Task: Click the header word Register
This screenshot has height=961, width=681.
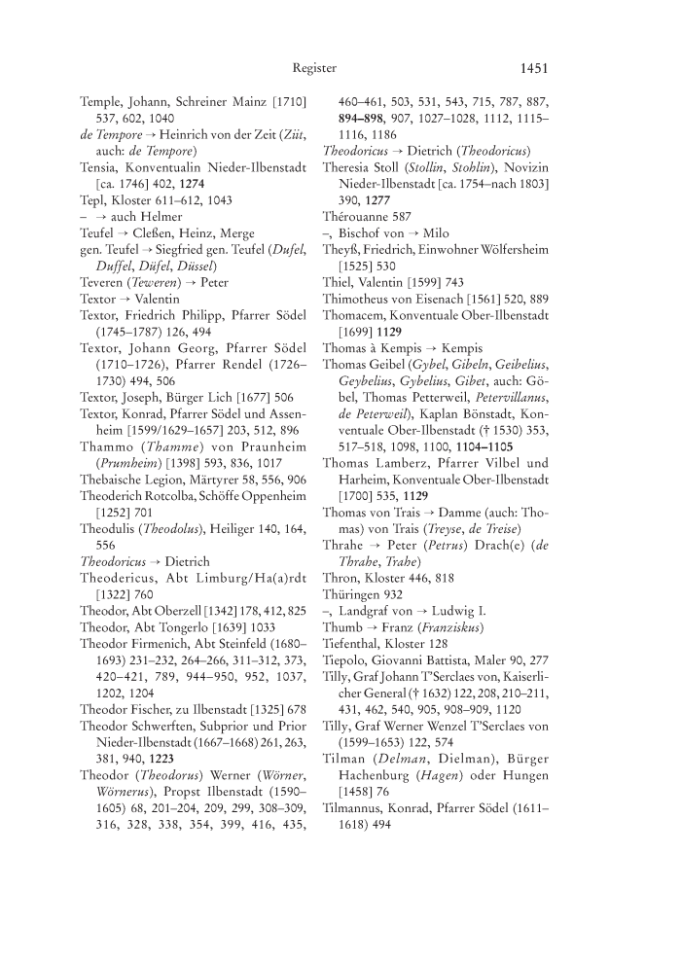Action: click(314, 68)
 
